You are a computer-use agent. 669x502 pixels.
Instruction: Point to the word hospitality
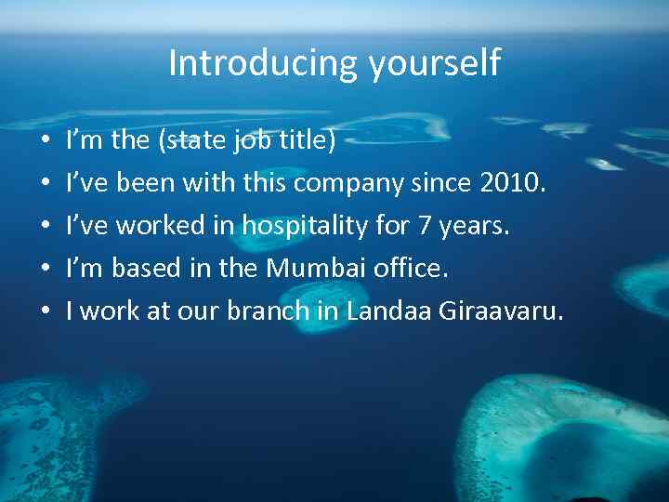305,227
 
